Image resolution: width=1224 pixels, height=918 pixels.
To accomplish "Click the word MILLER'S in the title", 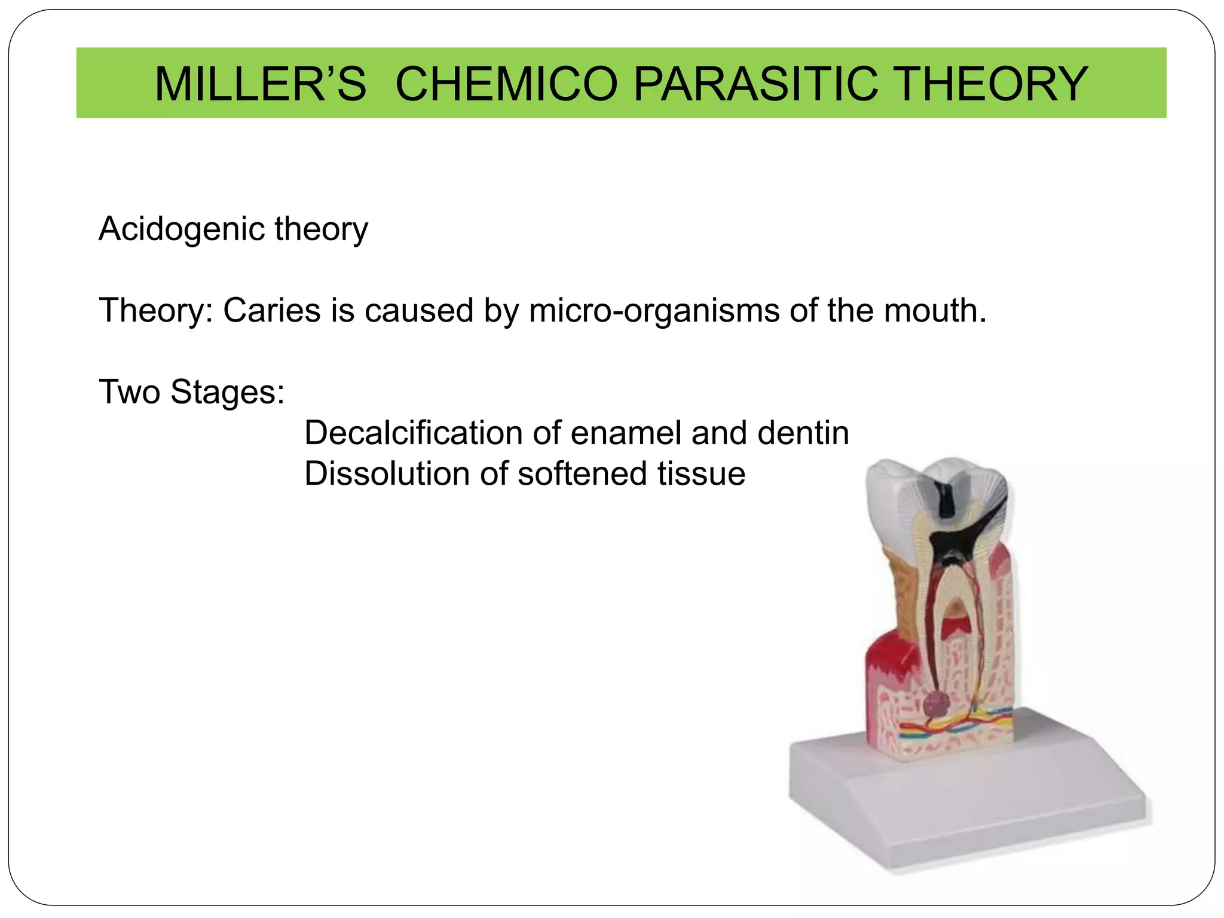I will pyautogui.click(x=260, y=84).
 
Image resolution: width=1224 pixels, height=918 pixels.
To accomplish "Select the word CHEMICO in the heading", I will pyautogui.click(x=506, y=84).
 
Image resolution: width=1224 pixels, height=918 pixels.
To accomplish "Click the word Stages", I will pyautogui.click(x=227, y=393).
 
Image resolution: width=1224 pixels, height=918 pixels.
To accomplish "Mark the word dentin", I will pyautogui.click(x=803, y=433).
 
